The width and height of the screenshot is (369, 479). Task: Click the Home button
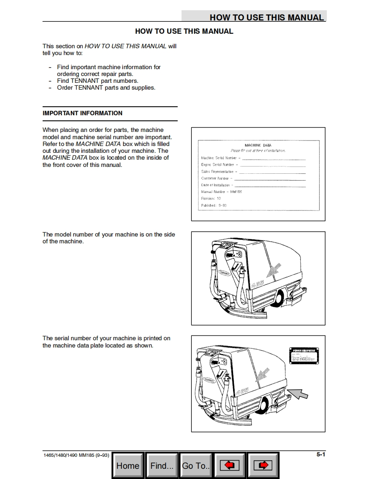click(x=128, y=466)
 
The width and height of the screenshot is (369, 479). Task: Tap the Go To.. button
click(x=196, y=466)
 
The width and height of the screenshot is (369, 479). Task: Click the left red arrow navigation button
click(x=230, y=466)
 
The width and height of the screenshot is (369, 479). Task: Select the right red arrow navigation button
click(x=263, y=466)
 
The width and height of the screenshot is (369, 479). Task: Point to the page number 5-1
click(x=320, y=455)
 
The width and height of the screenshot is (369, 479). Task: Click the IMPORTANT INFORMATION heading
click(x=82, y=113)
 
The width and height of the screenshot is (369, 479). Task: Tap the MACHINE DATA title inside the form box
click(x=258, y=145)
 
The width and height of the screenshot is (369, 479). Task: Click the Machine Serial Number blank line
click(x=274, y=158)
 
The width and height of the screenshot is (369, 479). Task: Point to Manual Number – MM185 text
click(x=222, y=192)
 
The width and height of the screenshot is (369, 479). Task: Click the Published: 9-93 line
click(x=214, y=205)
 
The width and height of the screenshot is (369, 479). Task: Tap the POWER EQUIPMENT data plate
click(x=304, y=354)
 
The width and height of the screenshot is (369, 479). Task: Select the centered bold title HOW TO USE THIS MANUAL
click(x=184, y=31)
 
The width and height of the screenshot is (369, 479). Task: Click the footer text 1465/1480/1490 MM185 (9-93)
click(x=76, y=455)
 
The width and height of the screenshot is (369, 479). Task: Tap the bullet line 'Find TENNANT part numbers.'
click(x=98, y=81)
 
